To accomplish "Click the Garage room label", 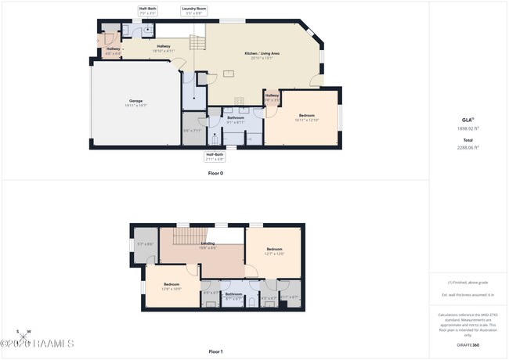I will click(136, 103).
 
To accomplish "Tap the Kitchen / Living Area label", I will click(265, 55).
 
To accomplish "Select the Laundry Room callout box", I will click(193, 11).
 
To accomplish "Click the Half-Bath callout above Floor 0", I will click(148, 11).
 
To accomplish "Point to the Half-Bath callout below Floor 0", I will click(215, 157).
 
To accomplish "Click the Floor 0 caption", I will click(215, 173).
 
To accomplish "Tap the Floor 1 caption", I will click(215, 351).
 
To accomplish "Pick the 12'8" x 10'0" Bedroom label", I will click(171, 286).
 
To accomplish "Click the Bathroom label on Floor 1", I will click(233, 296).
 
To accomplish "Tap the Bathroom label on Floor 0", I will click(236, 119).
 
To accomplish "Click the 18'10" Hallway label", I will click(164, 48).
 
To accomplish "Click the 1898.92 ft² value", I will click(467, 131).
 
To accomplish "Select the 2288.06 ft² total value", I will click(467, 146).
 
